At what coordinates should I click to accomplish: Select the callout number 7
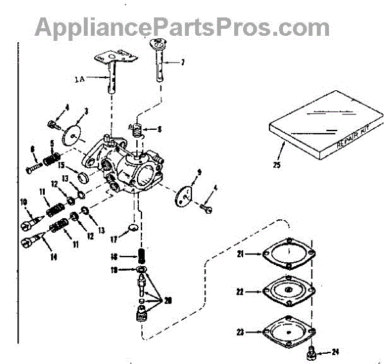pos(182,62)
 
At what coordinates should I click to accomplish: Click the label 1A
pos(79,79)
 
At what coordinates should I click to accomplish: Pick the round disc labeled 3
pos(76,135)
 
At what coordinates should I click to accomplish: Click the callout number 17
pos(112,240)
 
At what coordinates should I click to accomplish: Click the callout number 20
pos(168,301)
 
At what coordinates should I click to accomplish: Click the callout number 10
pos(24,203)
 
